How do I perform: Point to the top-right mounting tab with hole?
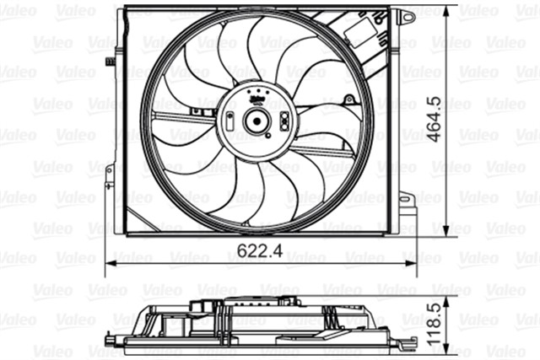click(407, 16)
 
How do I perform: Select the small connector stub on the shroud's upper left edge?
click(111, 61)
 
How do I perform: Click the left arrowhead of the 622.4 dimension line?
click(108, 263)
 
